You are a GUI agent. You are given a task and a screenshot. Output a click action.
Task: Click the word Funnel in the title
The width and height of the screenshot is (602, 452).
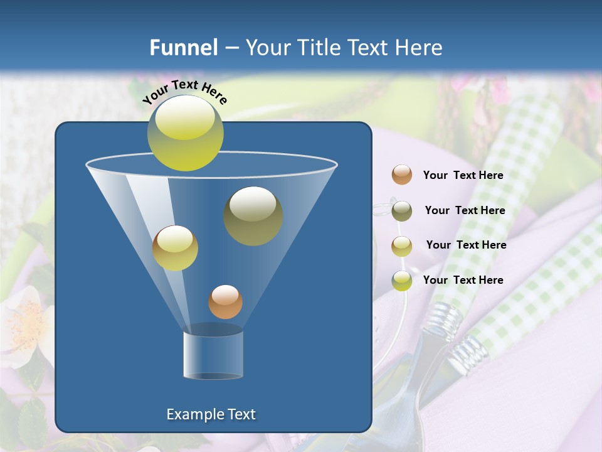click(183, 48)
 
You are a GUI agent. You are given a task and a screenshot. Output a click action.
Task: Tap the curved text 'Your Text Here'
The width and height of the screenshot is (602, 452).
click(184, 92)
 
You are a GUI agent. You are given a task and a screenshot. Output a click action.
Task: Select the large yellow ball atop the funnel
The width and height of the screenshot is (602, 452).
click(185, 133)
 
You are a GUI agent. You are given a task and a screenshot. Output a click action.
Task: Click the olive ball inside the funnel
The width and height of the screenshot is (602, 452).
click(253, 216)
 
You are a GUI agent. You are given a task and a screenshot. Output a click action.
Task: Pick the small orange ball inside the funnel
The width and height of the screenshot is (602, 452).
click(225, 302)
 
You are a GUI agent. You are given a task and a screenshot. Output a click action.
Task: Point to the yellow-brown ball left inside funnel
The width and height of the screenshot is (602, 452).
click(175, 248)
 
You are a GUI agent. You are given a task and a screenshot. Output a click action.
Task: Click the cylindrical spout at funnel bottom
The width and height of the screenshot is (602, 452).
click(213, 354)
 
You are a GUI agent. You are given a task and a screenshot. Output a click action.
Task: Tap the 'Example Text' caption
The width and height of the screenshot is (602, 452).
click(211, 414)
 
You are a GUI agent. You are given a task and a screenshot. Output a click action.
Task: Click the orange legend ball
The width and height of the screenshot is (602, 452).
click(402, 175)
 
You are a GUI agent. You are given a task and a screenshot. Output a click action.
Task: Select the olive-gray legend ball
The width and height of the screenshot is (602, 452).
click(402, 211)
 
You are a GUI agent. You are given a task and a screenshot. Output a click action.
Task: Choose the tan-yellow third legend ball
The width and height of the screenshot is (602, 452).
click(402, 245)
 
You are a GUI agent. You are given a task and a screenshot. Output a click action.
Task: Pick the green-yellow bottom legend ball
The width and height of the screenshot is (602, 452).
click(402, 281)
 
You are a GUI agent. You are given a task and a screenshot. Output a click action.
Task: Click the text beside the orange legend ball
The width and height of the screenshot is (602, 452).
click(463, 176)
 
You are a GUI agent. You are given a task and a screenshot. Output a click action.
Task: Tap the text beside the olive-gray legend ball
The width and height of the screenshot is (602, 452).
click(465, 211)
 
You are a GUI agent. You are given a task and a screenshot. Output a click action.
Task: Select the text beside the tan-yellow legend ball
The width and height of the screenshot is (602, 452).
click(466, 245)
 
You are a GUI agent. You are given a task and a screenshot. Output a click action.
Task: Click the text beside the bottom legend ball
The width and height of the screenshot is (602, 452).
click(463, 281)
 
